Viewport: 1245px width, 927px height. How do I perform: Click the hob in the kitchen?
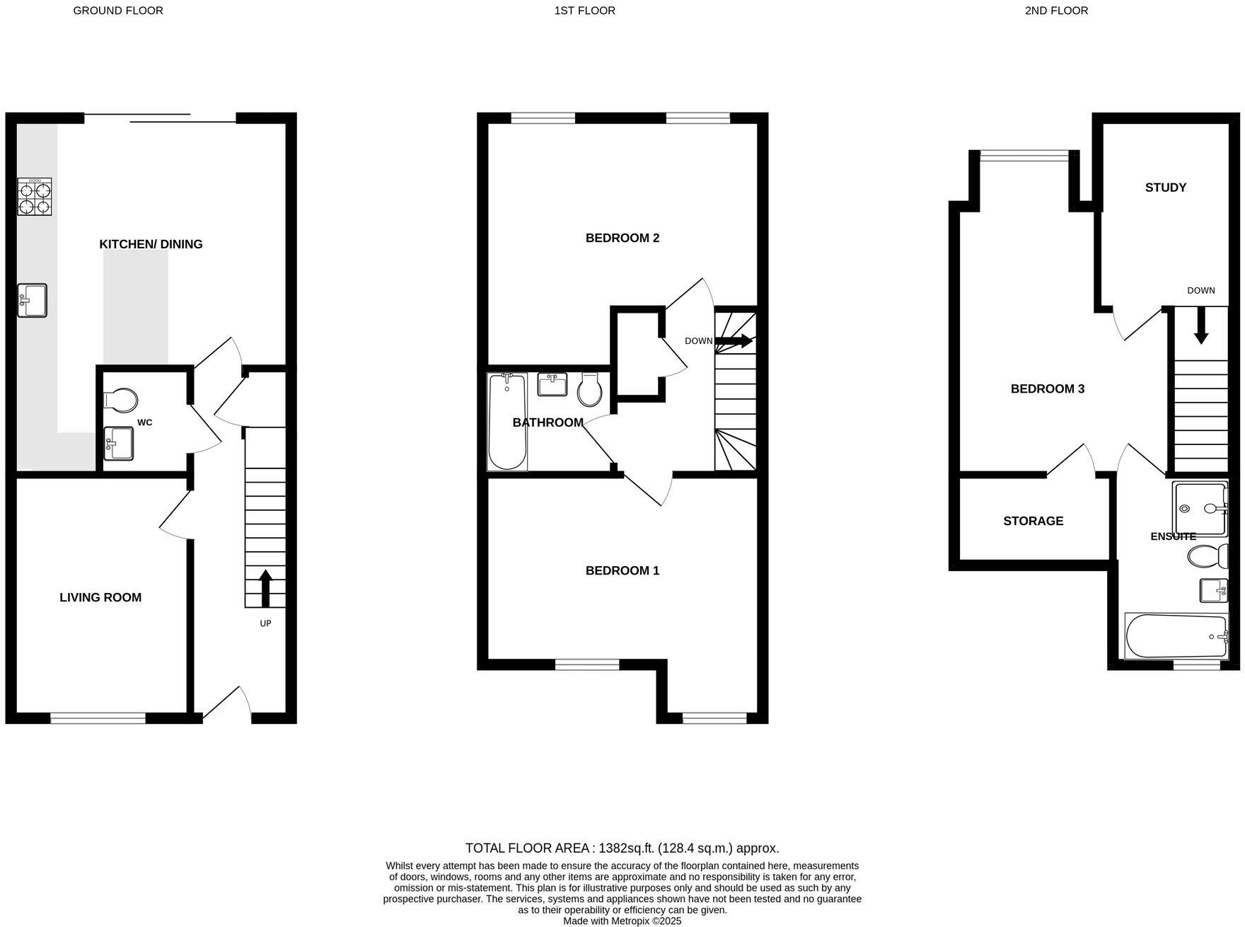pos(35,197)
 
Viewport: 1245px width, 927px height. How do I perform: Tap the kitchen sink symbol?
pos(32,300)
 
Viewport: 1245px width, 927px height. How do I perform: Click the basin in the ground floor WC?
pos(118,443)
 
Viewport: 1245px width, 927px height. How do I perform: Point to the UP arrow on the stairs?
pos(265,588)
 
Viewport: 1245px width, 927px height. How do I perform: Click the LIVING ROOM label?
pos(100,598)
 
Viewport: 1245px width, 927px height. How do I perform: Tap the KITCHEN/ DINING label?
pos(151,244)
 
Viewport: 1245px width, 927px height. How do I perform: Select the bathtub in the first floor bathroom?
pos(506,422)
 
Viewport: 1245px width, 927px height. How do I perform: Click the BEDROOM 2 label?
pos(622,238)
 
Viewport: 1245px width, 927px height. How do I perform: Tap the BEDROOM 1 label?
pos(622,570)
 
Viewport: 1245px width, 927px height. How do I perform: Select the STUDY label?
pos(1165,188)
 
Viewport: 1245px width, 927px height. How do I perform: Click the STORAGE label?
pos(1033,521)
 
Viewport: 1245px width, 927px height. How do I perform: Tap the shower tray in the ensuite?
pos(1199,508)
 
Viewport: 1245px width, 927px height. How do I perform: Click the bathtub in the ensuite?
pos(1176,636)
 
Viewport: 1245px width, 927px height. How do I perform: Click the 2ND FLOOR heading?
pos(1056,11)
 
